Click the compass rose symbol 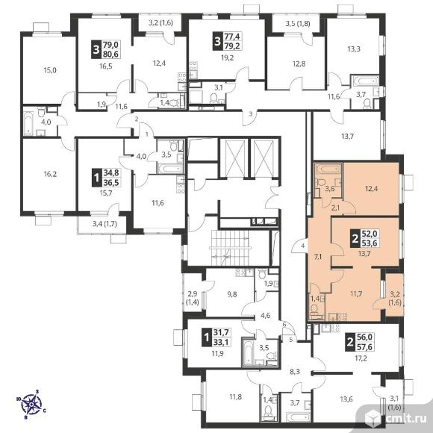click(x=31, y=404)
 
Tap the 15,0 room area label click(x=50, y=70)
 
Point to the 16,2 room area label click(x=50, y=174)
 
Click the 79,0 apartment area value click(x=110, y=45)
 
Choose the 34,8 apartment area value click(x=111, y=172)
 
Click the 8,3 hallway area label click(x=295, y=372)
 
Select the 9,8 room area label click(x=232, y=294)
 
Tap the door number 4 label click(x=303, y=246)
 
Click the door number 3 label click(x=250, y=114)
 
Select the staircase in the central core click(x=230, y=247)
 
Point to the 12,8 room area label click(x=299, y=63)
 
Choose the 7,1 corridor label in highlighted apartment click(x=318, y=257)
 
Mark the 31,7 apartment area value click(x=221, y=332)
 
